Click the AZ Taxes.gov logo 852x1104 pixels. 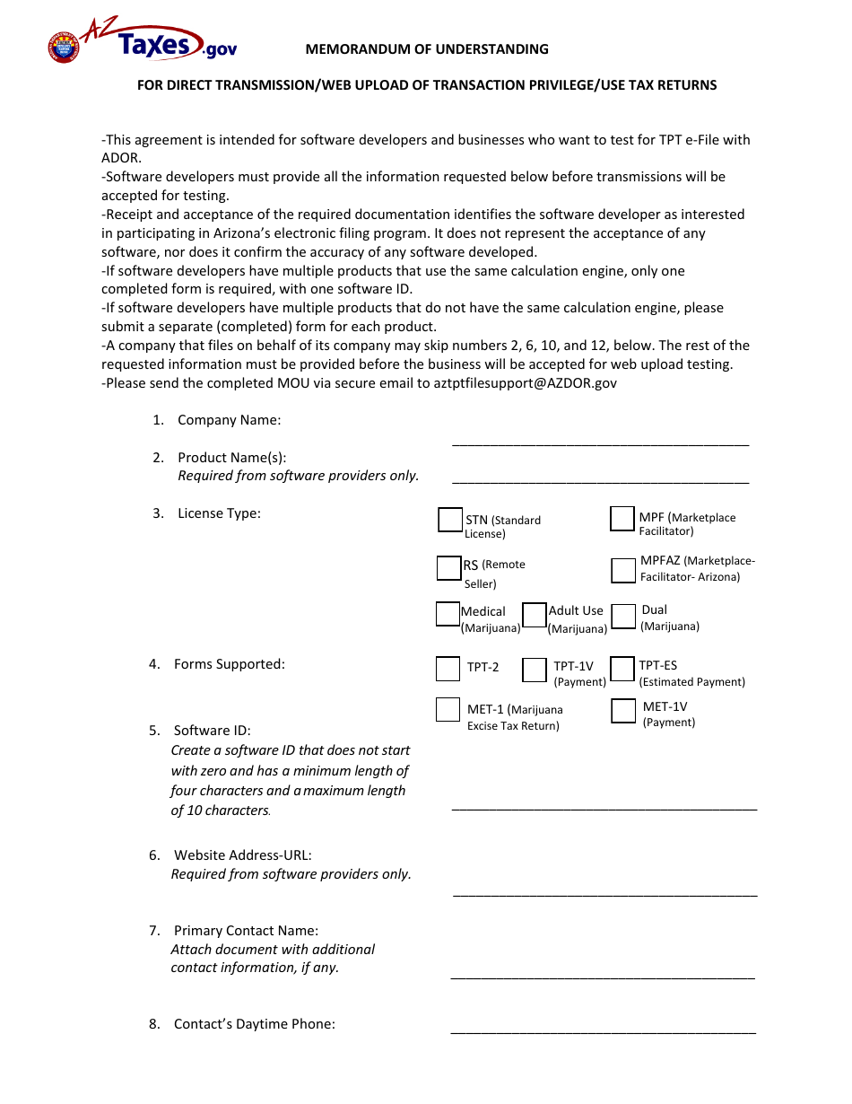(x=142, y=41)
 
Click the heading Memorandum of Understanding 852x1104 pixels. (x=427, y=49)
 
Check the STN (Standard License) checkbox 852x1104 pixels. (x=450, y=520)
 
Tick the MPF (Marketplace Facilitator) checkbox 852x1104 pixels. (x=622, y=519)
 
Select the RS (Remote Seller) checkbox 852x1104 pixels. (x=448, y=568)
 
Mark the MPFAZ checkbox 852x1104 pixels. (x=623, y=570)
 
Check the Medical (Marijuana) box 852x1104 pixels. (x=448, y=614)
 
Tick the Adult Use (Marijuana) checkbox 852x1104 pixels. (x=535, y=615)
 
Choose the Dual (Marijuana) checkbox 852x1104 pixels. (x=625, y=616)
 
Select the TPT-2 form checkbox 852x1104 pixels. (x=448, y=669)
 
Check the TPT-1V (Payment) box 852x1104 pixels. (x=535, y=670)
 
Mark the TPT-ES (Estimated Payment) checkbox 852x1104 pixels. (x=622, y=669)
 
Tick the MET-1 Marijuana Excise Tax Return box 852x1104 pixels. (x=448, y=710)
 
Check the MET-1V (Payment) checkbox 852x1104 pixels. (x=623, y=711)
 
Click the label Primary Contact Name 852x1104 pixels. (x=246, y=931)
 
